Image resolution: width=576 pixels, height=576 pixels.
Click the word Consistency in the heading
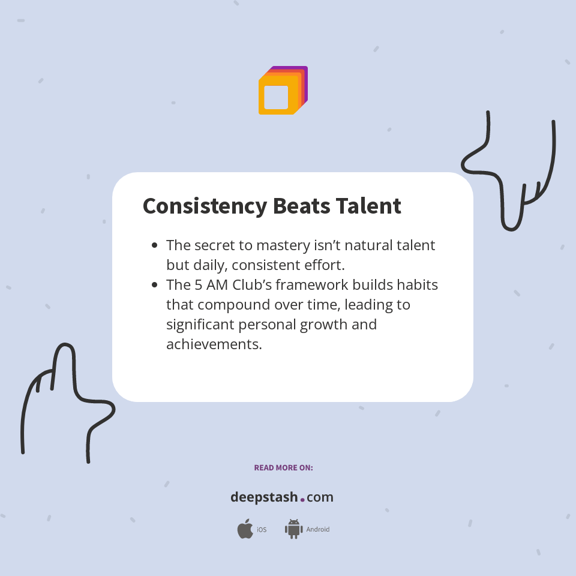205,206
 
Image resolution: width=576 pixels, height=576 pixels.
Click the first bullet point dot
155,245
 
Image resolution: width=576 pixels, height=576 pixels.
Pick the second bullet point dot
155,285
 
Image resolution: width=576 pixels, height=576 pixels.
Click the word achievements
214,344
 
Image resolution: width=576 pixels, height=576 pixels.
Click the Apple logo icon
245,529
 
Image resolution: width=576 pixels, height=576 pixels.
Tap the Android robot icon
293,529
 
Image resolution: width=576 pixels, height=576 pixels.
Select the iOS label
262,530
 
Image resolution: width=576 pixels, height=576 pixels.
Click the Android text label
317,530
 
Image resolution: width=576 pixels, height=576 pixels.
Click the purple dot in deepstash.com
302,499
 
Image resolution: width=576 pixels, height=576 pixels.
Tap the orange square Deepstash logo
282,91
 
